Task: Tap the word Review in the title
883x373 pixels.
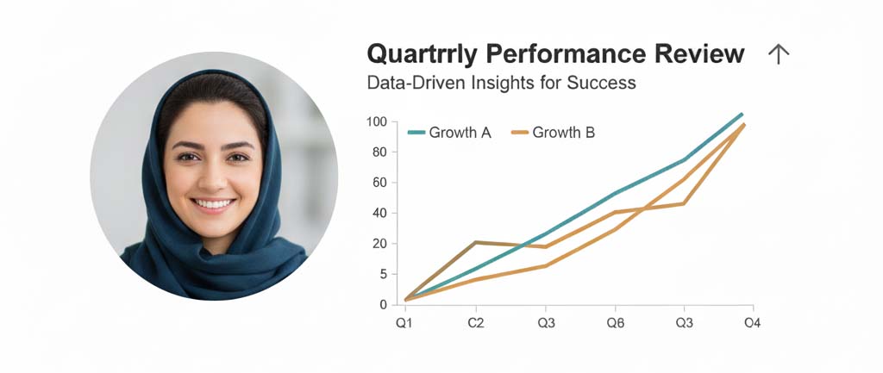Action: [x=698, y=54]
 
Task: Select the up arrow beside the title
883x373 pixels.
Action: [x=779, y=54]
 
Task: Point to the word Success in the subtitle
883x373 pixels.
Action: [x=601, y=83]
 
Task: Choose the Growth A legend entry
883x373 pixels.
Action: [x=449, y=133]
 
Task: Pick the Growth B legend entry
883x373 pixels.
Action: [x=553, y=133]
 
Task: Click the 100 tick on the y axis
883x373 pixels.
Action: [x=376, y=121]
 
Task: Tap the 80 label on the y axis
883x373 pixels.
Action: [x=379, y=152]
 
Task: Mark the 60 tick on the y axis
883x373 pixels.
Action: [x=379, y=183]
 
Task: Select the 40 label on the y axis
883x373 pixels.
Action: [x=379, y=214]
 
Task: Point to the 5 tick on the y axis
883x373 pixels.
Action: [x=383, y=275]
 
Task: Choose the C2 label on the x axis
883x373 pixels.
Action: [x=476, y=324]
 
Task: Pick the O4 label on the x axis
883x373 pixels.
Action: [x=752, y=324]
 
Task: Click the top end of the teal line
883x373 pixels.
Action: [x=742, y=115]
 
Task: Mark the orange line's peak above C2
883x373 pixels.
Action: [x=476, y=242]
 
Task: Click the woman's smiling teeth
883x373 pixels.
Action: [x=213, y=203]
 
